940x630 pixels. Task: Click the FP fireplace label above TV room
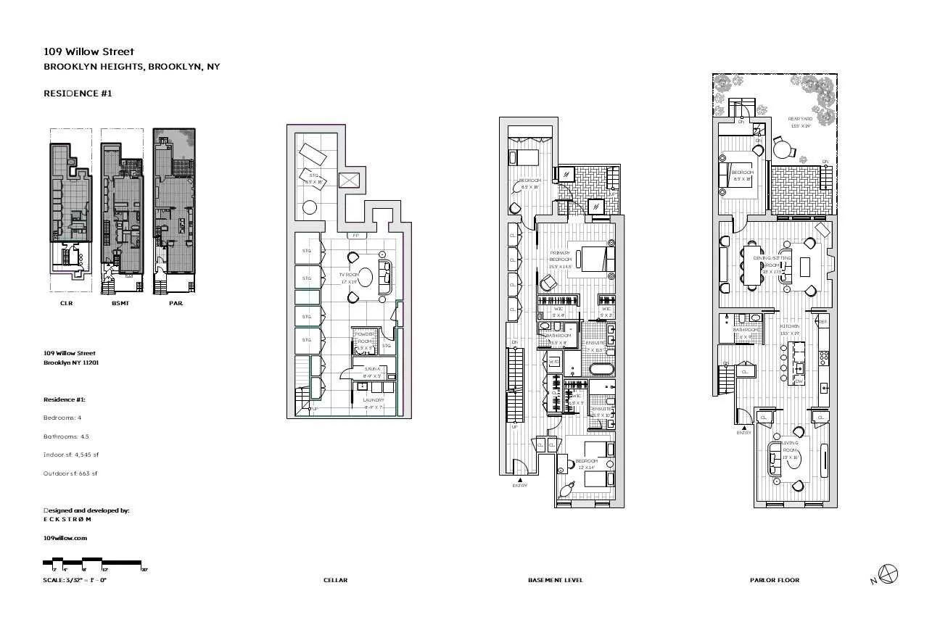(x=355, y=236)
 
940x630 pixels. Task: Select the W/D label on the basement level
(x=553, y=361)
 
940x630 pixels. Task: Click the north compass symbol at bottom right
(x=888, y=574)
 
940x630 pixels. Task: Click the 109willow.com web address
(x=65, y=538)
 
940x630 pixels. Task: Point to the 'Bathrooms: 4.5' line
(x=66, y=436)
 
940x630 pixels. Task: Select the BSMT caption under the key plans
(x=120, y=304)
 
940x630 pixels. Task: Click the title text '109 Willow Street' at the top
(x=88, y=51)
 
